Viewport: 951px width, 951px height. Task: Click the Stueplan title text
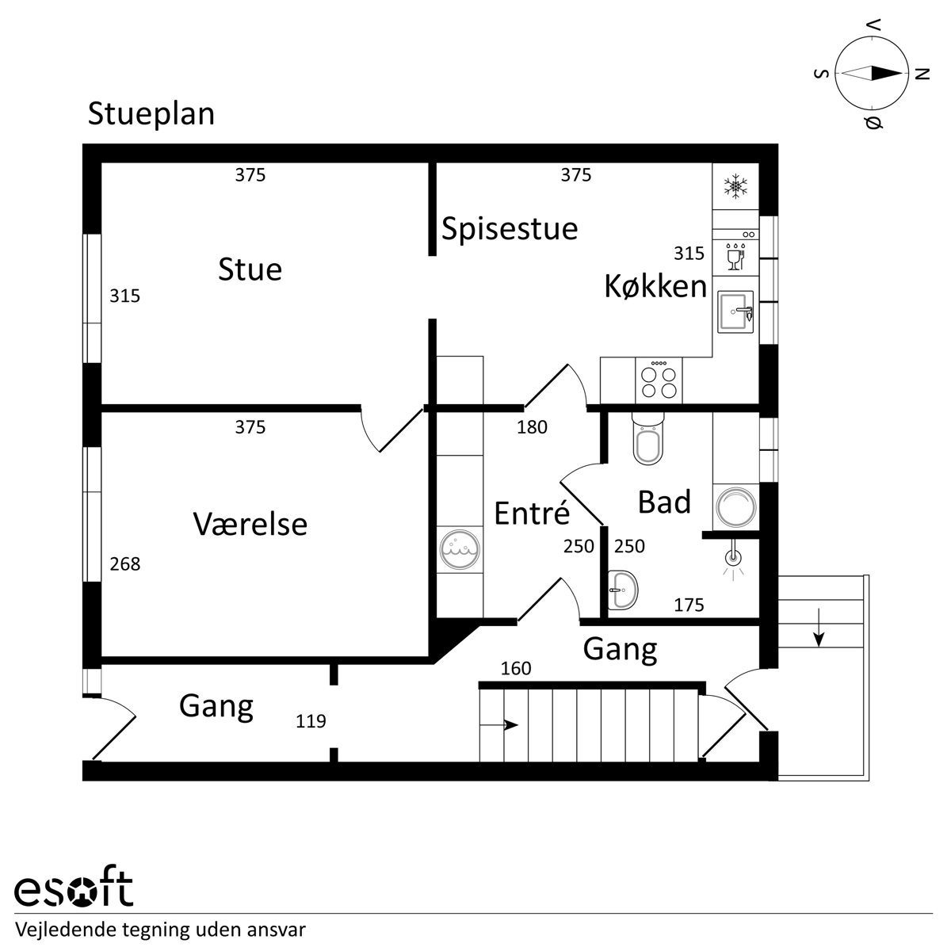pos(151,115)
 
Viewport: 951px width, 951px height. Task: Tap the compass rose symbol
pos(872,74)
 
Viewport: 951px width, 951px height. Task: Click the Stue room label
pos(250,269)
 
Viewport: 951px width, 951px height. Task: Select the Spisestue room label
pos(510,229)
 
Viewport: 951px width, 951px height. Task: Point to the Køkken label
pos(656,286)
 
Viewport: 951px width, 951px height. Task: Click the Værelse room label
pos(250,524)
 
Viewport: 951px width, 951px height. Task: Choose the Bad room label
pos(664,502)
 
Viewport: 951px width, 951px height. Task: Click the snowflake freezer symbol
pos(735,186)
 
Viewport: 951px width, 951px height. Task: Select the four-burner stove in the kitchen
pos(659,380)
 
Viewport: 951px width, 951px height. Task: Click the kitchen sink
pos(735,312)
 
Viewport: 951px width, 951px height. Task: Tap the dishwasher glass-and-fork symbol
pos(735,256)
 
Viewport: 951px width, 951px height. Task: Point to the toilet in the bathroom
pos(648,439)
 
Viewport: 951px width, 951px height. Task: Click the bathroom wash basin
pos(623,590)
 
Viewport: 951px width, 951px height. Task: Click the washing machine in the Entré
pos(460,550)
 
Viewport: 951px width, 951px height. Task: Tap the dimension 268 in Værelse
pos(125,564)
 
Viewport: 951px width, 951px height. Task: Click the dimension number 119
pos(311,721)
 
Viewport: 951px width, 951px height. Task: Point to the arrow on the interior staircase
pos(499,725)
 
